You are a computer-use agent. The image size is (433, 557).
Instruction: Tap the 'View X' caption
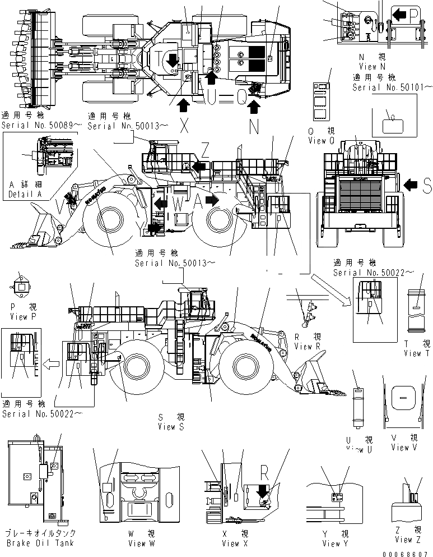230,543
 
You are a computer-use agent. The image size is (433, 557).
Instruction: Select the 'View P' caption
23,316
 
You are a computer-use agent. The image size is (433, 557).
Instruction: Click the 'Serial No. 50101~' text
393,87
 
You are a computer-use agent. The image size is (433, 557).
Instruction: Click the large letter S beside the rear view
426,186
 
